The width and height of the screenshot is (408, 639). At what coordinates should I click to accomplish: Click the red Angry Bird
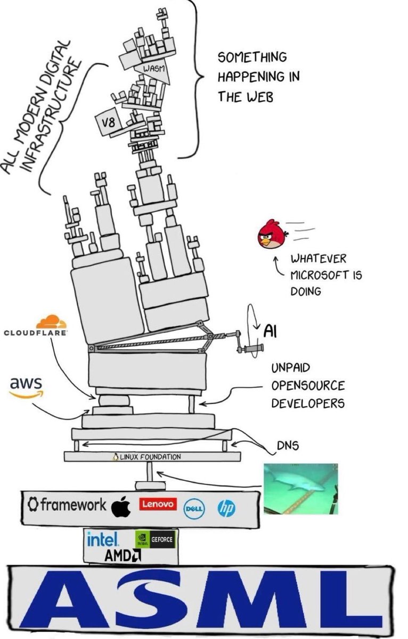pos(273,235)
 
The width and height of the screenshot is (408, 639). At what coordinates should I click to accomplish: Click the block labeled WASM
pos(153,70)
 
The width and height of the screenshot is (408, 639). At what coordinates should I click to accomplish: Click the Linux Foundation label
pos(147,457)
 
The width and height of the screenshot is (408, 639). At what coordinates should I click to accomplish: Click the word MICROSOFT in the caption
pos(318,276)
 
